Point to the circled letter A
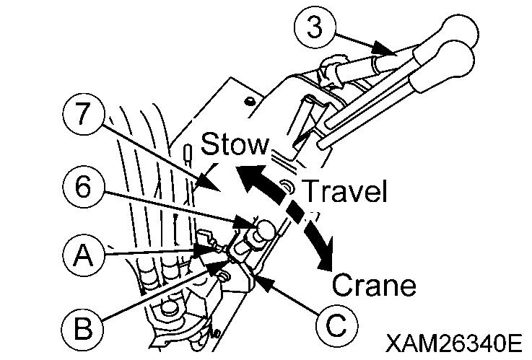click(84, 255)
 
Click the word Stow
click(235, 145)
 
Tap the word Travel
click(344, 191)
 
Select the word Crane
click(374, 286)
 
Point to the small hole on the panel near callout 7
click(249, 100)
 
